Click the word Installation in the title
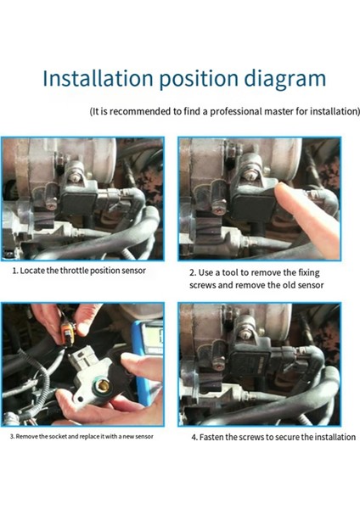pyautogui.click(x=98, y=79)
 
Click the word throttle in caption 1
pyautogui.click(x=74, y=271)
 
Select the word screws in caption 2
pyautogui.click(x=200, y=285)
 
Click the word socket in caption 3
pyautogui.click(x=58, y=436)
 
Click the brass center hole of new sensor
pyautogui.click(x=104, y=386)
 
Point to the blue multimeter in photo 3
pyautogui.click(x=146, y=361)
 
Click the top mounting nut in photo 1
pyautogui.click(x=76, y=177)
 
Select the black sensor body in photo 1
pyautogui.click(x=79, y=204)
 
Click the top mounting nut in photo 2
pyautogui.click(x=250, y=176)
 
